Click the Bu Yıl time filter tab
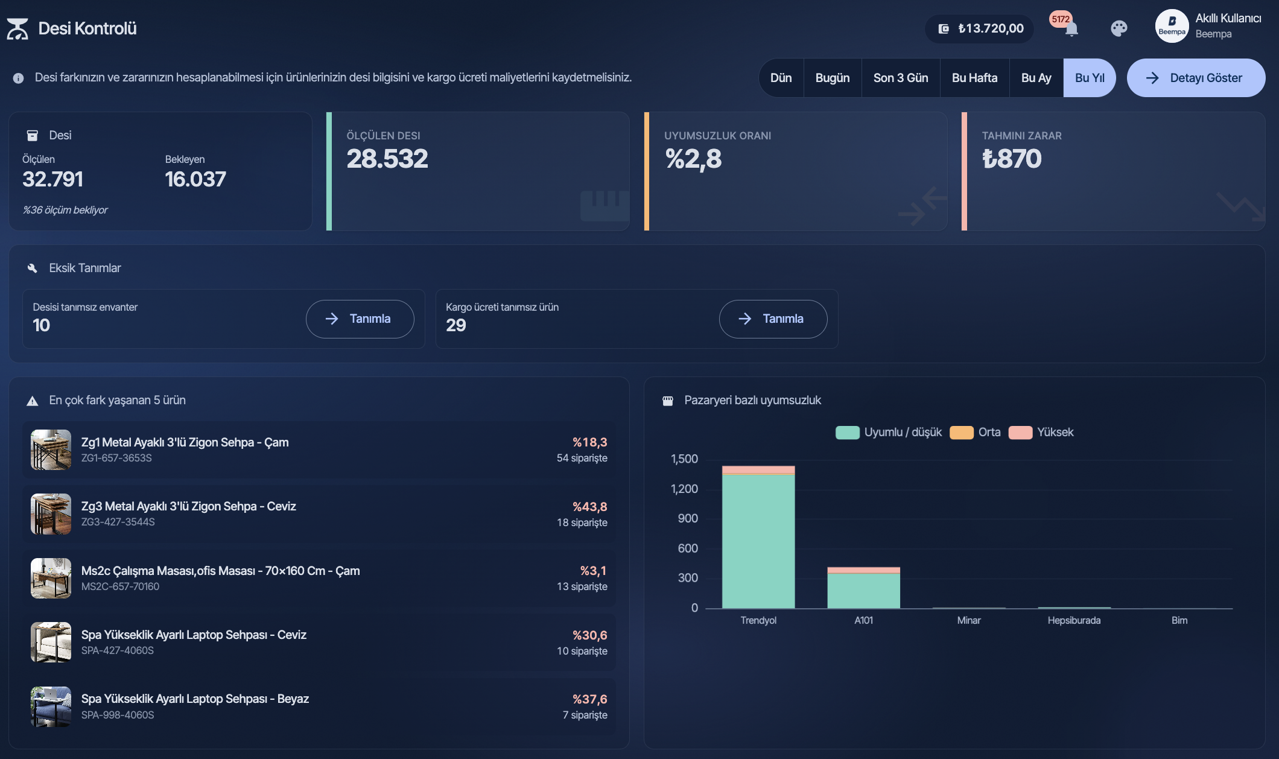click(x=1090, y=78)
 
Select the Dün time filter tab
click(x=781, y=78)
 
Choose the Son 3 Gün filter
click(x=901, y=78)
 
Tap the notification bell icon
click(x=1071, y=29)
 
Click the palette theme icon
click(x=1119, y=28)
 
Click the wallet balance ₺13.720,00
click(x=980, y=28)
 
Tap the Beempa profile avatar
click(x=1172, y=27)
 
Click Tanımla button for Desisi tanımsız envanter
click(x=360, y=319)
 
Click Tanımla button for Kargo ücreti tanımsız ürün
click(x=773, y=319)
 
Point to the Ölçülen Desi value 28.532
click(x=387, y=159)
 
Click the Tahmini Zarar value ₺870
click(x=1012, y=159)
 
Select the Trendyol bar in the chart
click(x=758, y=537)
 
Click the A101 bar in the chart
click(x=863, y=588)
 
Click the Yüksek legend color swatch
click(x=1020, y=433)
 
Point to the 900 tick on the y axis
click(x=688, y=518)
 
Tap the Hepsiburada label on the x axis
click(x=1074, y=620)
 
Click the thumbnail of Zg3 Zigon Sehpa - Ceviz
click(x=51, y=514)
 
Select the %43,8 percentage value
click(x=589, y=507)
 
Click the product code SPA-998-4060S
click(x=118, y=715)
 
